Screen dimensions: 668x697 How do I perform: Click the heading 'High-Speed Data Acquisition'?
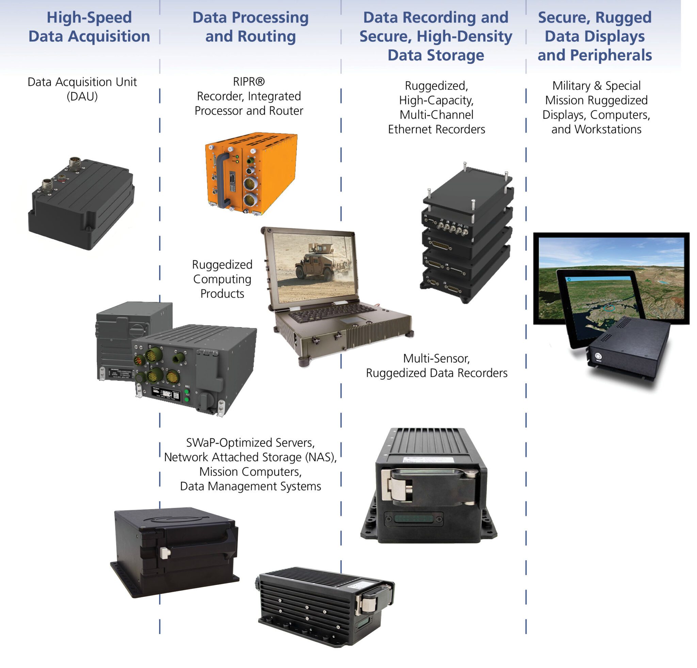click(89, 27)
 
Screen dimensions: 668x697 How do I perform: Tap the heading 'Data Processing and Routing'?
click(250, 27)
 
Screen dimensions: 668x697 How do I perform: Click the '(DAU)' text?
click(82, 96)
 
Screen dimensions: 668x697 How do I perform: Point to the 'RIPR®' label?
click(248, 82)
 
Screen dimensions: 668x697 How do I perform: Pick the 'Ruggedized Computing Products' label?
click(222, 279)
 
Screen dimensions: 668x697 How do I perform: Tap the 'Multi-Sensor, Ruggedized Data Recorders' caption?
click(436, 366)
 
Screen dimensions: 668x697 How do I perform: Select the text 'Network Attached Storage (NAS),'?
click(250, 457)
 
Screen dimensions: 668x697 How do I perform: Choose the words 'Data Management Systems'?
click(250, 486)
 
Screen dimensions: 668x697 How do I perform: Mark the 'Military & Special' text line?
click(596, 86)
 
